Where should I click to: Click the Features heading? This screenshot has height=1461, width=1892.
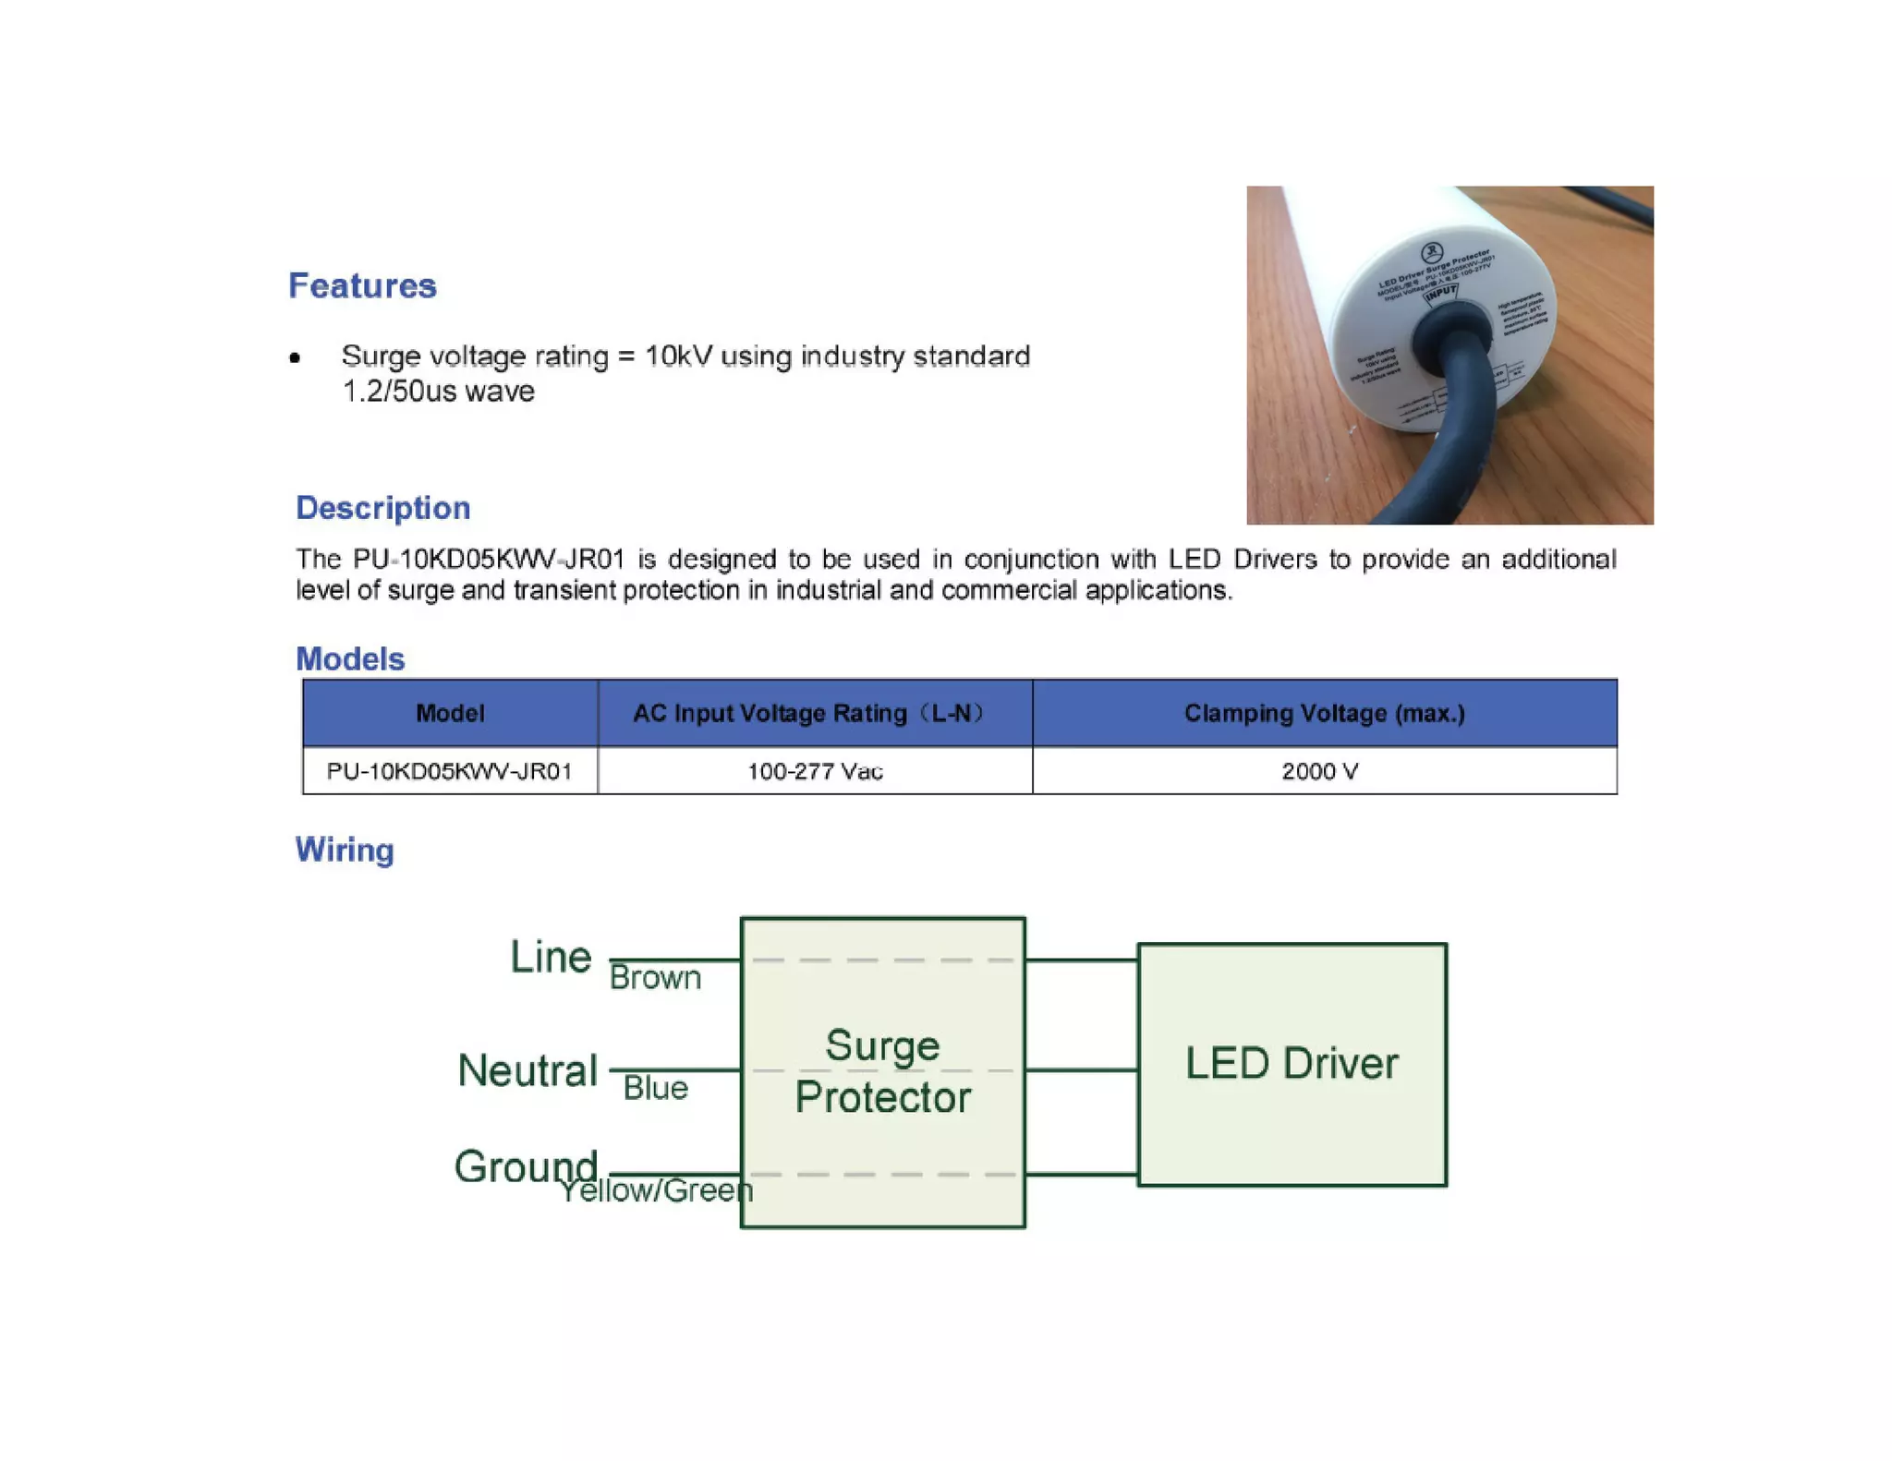(362, 285)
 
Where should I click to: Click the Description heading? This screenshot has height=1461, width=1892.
(382, 507)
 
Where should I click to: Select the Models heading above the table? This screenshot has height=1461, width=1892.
(349, 658)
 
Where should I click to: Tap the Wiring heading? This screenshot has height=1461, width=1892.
(344, 849)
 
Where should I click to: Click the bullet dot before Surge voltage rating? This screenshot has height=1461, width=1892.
(295, 357)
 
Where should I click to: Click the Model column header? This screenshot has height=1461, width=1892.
(450, 712)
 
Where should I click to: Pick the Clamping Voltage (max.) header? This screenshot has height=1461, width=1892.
(1324, 712)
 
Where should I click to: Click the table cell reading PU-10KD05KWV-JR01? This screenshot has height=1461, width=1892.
(450, 770)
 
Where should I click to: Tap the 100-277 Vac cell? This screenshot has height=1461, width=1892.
(815, 770)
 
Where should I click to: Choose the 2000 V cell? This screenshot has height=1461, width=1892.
(1319, 770)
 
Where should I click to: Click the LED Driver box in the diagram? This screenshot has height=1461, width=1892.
(1292, 1063)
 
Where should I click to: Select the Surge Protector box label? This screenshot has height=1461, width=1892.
(882, 1071)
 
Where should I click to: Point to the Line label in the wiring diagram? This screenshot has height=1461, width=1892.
(551, 957)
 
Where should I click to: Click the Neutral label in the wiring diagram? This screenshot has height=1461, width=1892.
(528, 1070)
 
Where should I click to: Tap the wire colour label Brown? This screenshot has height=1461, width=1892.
(655, 977)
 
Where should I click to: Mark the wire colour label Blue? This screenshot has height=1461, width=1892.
(655, 1088)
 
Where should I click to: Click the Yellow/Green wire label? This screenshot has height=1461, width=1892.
(657, 1190)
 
